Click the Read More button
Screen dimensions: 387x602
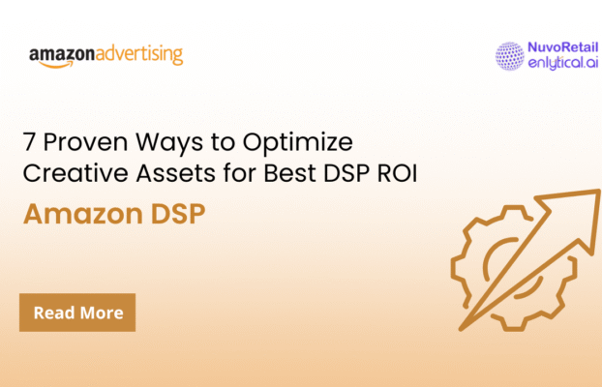[77, 313]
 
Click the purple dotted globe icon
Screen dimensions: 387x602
[509, 55]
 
